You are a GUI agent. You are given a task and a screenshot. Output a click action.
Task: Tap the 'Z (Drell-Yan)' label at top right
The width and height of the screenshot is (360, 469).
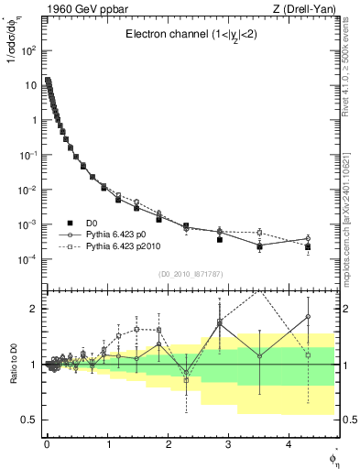click(x=308, y=8)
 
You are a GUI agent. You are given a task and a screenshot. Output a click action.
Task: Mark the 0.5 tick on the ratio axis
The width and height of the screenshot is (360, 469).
click(x=29, y=420)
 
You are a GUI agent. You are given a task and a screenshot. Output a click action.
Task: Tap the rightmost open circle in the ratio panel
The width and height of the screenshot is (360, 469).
click(x=308, y=317)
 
